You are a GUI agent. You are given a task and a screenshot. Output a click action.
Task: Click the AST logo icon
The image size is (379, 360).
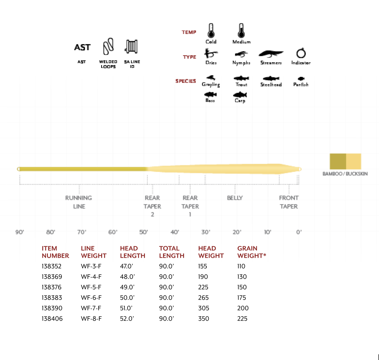pyautogui.click(x=82, y=47)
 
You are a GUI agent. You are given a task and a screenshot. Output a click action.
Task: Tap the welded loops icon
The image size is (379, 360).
pyautogui.click(x=108, y=47)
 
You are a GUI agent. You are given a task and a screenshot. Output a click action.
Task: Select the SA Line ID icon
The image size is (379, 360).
pyautogui.click(x=132, y=47)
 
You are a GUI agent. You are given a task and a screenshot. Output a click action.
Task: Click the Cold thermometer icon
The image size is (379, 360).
pyautogui.click(x=211, y=31)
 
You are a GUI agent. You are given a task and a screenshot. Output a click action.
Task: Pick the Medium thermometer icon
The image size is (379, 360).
pyautogui.click(x=241, y=31)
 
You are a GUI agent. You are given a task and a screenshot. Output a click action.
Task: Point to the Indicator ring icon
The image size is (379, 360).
pyautogui.click(x=301, y=53)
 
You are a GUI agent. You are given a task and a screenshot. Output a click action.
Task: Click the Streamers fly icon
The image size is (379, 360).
pyautogui.click(x=271, y=54)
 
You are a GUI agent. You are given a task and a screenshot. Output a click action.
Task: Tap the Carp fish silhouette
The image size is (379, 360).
pyautogui.click(x=240, y=95)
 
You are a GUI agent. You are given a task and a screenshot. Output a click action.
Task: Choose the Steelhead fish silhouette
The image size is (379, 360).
pyautogui.click(x=271, y=78)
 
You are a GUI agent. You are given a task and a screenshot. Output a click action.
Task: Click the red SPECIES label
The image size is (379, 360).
pyautogui.click(x=186, y=81)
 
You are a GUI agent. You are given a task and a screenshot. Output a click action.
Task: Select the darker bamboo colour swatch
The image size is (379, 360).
pyautogui.click(x=338, y=161)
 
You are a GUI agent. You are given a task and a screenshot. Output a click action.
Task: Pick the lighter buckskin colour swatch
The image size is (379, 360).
pyautogui.click(x=353, y=161)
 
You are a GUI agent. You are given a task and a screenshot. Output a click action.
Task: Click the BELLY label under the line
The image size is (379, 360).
pyautogui.click(x=235, y=198)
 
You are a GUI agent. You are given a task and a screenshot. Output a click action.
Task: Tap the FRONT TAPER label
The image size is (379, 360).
pyautogui.click(x=289, y=202)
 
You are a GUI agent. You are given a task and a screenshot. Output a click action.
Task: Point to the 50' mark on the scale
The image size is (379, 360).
pyautogui.click(x=144, y=232)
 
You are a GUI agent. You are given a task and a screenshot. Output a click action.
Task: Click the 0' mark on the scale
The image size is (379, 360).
pyautogui.click(x=299, y=232)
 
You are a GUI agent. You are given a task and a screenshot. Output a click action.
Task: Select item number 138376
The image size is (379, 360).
pyautogui.click(x=52, y=287)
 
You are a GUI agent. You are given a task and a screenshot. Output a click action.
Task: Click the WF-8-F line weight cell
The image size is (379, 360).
pyautogui.click(x=91, y=319)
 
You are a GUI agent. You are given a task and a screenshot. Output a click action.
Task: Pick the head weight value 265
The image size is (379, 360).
pyautogui.click(x=203, y=298)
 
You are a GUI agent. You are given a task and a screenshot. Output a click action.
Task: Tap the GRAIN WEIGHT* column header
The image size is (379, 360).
pyautogui.click(x=252, y=252)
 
